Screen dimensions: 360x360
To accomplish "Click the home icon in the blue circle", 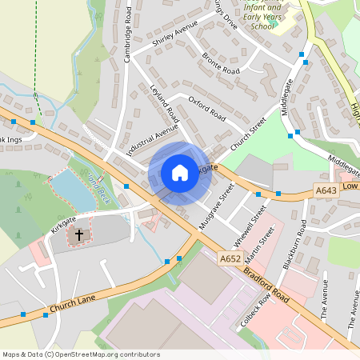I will (x=180, y=173).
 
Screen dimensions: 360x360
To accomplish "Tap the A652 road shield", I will (x=231, y=258).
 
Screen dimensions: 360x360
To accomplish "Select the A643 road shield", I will (x=326, y=190).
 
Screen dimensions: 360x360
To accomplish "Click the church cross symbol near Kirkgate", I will (x=78, y=236).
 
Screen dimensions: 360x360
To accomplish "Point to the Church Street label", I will (x=248, y=134).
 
